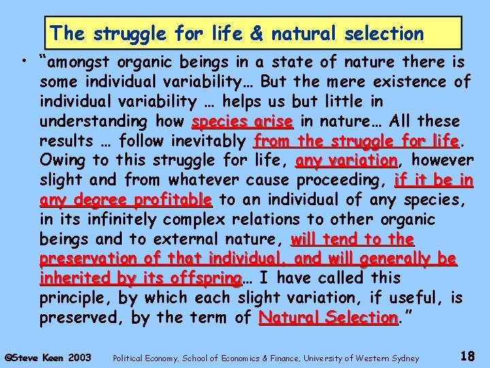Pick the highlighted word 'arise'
(273, 122)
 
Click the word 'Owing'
(61, 162)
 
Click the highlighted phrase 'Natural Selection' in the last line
(328, 318)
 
